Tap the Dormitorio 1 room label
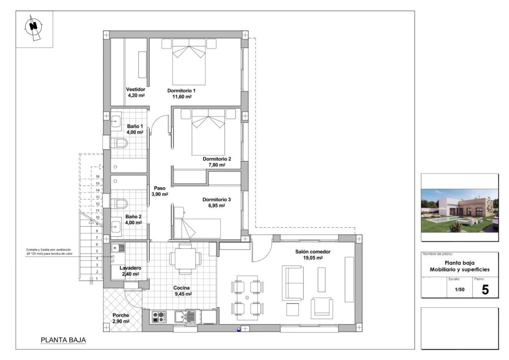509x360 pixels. pyautogui.click(x=181, y=91)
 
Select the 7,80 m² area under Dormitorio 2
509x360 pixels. pyautogui.click(x=217, y=165)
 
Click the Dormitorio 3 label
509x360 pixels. pyautogui.click(x=217, y=200)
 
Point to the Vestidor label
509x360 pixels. pyautogui.click(x=136, y=90)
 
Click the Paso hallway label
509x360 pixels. pyautogui.click(x=160, y=188)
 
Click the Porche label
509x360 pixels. pyautogui.click(x=121, y=315)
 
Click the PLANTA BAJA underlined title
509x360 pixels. pyautogui.click(x=63, y=340)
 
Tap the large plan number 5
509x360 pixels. pyautogui.click(x=485, y=289)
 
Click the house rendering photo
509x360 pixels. pyautogui.click(x=459, y=210)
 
